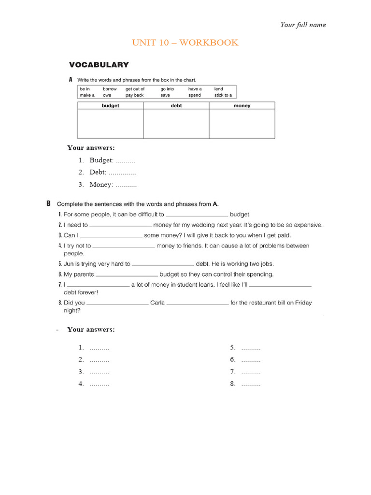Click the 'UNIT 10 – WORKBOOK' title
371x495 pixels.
coord(185,43)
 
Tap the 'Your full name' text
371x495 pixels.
coord(303,25)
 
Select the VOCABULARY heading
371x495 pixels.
coord(99,65)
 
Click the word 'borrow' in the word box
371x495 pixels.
coord(110,89)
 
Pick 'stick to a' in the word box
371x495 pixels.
coord(223,95)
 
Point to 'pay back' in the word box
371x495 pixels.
coord(134,95)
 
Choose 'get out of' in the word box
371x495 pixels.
coord(135,89)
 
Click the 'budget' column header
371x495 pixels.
coord(110,105)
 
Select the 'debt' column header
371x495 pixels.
coord(176,105)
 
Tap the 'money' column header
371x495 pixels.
coord(242,105)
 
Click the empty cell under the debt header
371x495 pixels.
coord(176,124)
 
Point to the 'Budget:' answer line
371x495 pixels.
coord(112,160)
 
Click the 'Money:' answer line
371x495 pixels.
coord(113,185)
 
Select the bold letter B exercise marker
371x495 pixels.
coord(48,204)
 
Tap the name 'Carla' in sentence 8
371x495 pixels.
coord(157,303)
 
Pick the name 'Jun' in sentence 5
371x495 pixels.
coord(69,264)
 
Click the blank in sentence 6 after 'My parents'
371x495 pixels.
coord(127,275)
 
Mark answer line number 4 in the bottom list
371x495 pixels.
coord(94,384)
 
